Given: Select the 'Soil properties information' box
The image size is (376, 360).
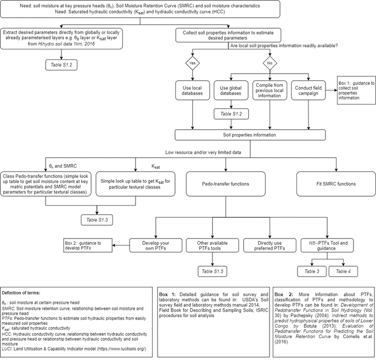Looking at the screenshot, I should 250,135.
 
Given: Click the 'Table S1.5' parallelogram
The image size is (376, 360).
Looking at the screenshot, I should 214,270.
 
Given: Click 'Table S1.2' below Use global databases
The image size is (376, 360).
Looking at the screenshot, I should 231,114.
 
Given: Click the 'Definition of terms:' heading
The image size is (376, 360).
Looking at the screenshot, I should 23,290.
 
